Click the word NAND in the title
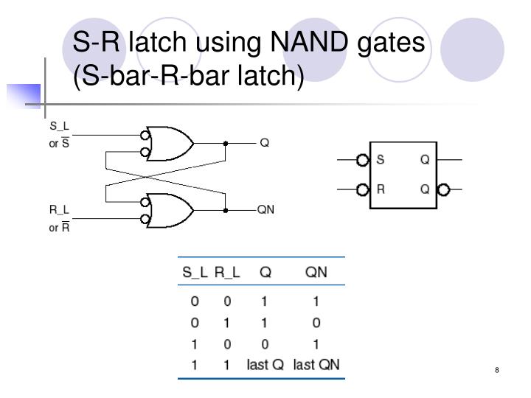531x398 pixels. [x=281, y=45]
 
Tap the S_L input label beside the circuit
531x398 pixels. [x=59, y=126]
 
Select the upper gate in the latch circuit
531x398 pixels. [x=170, y=143]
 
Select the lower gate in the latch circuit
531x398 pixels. [x=170, y=210]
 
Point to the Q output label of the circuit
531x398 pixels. [x=264, y=142]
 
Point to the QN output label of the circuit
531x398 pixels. [x=265, y=209]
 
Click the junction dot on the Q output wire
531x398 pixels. [x=226, y=143]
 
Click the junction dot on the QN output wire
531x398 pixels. [x=226, y=210]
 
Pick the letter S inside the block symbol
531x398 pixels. [x=381, y=159]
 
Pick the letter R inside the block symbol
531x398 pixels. [x=381, y=189]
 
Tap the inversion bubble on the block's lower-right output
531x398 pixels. [x=442, y=189]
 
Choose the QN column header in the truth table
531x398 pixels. [x=316, y=272]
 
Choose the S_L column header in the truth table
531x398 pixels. [x=195, y=272]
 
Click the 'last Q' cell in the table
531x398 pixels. [x=265, y=364]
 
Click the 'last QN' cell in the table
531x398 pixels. [x=317, y=364]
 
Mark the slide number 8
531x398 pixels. [x=498, y=369]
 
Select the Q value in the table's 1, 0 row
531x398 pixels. [x=265, y=343]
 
